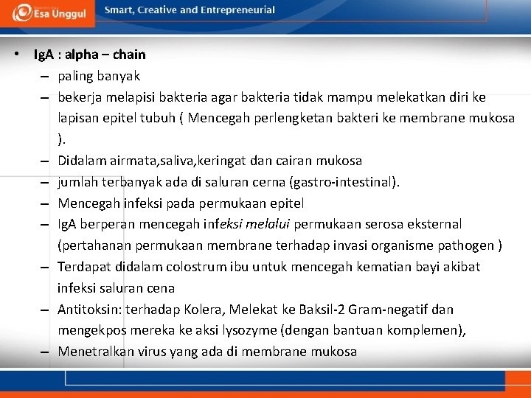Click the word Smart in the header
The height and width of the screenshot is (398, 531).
coord(119,10)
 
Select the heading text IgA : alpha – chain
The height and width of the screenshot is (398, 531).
coord(89,55)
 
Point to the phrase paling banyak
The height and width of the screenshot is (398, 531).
coord(99,76)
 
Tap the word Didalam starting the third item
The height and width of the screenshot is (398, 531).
coord(81,161)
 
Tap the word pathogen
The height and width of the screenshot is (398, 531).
coord(469,245)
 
